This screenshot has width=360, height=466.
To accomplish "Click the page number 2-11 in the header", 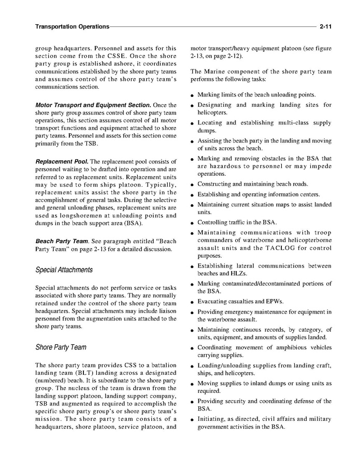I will [x=325, y=26].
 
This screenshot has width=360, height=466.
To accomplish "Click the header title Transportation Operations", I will [x=72, y=26].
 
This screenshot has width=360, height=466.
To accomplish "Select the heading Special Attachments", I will [x=64, y=270].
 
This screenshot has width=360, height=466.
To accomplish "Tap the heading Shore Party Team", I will [x=61, y=347].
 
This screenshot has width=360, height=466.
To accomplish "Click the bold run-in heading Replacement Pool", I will [x=62, y=162].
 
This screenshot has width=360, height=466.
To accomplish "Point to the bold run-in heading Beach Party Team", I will [x=61, y=242].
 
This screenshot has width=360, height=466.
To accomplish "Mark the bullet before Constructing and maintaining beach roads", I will [x=192, y=185].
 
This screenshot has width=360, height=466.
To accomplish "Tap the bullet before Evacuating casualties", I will [x=192, y=302].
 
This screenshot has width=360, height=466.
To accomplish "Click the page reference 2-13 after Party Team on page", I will [x=88, y=249].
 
